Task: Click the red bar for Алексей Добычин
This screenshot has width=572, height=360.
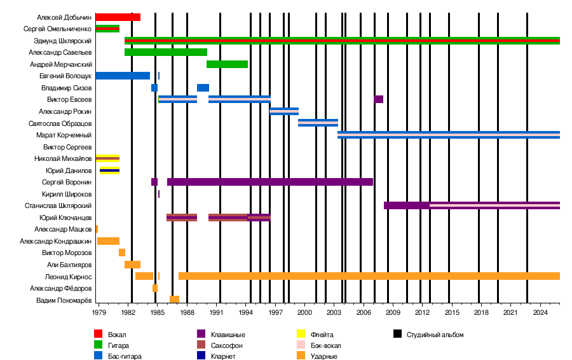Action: coord(118,17)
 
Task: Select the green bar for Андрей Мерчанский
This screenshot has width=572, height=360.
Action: coord(227,64)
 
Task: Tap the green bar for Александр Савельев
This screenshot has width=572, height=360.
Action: coord(166,52)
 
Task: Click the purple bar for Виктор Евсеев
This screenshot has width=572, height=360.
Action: coord(379,99)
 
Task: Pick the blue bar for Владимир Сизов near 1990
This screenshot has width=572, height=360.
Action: coord(203,88)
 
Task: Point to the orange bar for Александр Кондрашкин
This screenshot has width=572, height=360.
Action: coord(108,241)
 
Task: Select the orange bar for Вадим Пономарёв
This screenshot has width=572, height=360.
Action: coord(174,300)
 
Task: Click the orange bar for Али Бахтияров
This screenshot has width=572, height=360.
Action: coord(132,265)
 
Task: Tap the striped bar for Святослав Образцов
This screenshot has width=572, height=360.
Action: coord(318,123)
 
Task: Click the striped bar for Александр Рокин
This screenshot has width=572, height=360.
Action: coord(284,111)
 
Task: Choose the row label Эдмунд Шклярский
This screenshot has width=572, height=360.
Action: coord(63,41)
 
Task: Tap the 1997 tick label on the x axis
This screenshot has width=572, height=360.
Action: coord(275,313)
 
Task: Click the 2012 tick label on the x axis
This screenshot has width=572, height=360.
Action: coord(422,313)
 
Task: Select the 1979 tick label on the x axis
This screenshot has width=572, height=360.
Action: coord(99,313)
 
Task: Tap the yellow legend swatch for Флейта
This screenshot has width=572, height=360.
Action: coord(303,335)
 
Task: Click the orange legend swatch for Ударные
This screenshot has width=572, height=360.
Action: coord(303,356)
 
